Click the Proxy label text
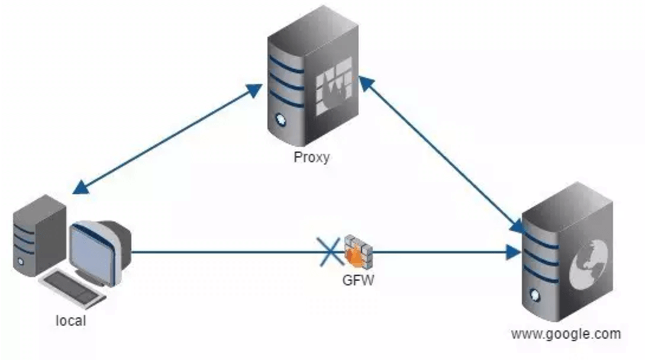[x=311, y=157]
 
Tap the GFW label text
[x=358, y=281]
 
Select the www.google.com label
[x=566, y=334]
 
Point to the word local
[x=70, y=320]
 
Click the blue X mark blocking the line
[x=330, y=252]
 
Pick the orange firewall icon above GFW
[x=359, y=252]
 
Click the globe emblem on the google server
[x=588, y=264]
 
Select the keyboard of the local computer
[x=73, y=288]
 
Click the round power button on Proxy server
[x=280, y=118]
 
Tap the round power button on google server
[x=534, y=294]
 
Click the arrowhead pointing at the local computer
[x=80, y=187]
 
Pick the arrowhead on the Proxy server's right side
[x=367, y=83]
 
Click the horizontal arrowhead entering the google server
[x=513, y=253]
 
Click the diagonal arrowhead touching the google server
[x=518, y=226]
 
